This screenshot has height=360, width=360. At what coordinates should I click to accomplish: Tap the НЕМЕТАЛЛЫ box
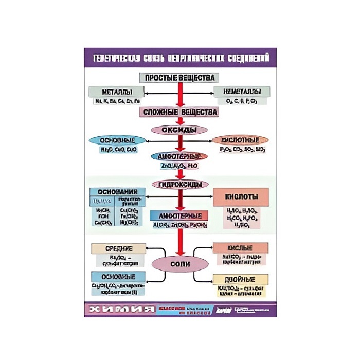pyautogui.click(x=241, y=92)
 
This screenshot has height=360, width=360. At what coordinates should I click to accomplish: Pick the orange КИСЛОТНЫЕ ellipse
pyautogui.click(x=240, y=140)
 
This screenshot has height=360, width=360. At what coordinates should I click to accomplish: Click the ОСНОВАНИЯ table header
pyautogui.click(x=117, y=192)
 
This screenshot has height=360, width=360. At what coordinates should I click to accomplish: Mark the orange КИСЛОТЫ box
pyautogui.click(x=241, y=196)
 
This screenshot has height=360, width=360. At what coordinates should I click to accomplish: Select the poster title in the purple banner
pyautogui.click(x=180, y=56)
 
